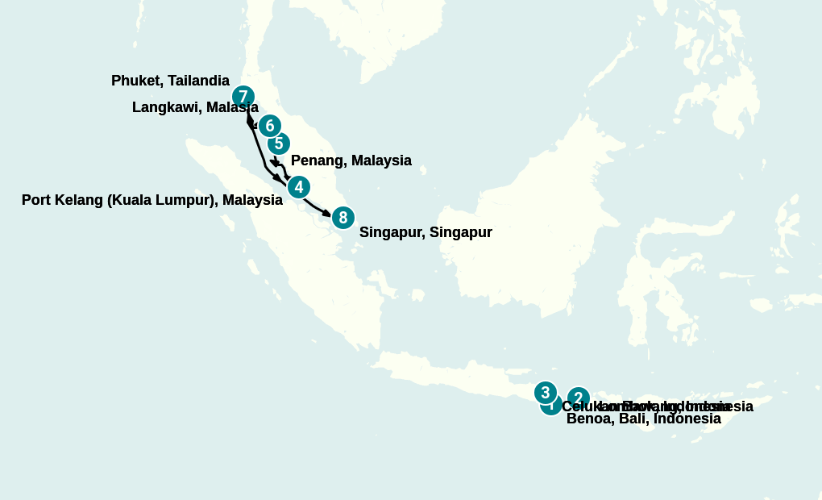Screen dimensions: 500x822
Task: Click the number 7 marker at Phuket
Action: pos(243,98)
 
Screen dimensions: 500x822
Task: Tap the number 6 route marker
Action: pos(270,126)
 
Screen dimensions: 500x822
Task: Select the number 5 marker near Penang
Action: pos(279,144)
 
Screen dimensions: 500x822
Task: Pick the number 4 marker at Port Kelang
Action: pos(299,187)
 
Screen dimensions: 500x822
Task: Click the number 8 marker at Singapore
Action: pos(343,217)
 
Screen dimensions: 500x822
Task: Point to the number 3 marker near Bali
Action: pos(546,393)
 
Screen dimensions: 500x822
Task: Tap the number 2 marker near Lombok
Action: pos(579,397)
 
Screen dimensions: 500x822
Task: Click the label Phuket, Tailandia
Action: pos(170,81)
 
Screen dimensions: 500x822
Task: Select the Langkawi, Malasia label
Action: pos(195,107)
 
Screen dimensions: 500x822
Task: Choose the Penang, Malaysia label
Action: pos(351,160)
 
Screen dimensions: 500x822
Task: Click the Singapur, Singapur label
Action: pos(426,232)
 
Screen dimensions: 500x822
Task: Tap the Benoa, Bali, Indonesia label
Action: pos(643,419)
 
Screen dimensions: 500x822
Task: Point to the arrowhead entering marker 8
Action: pos(326,214)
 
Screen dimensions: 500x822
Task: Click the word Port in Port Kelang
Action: pos(36,200)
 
